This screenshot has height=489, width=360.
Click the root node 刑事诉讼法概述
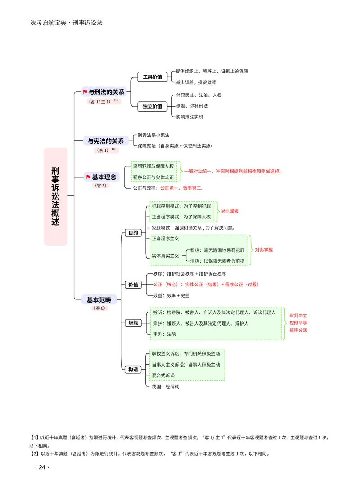pos(55,196)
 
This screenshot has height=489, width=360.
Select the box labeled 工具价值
pos(153,77)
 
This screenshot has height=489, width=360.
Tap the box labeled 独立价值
pos(153,106)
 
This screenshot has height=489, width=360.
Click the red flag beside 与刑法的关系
pos(85,92)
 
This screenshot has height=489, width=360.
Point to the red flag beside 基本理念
pos(88,177)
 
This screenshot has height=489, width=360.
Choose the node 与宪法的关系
pos(106,141)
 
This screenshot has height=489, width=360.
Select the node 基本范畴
pos(99,300)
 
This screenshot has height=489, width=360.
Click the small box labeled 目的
pos(133,233)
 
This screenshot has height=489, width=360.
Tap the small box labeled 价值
pos(133,285)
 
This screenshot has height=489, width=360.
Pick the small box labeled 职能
pos(133,323)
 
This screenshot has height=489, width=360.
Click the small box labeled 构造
pos(133,370)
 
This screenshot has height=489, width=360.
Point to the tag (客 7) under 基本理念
pos(100,186)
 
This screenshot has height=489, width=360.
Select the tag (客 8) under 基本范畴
pos(99,308)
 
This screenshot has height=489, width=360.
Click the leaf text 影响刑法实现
pos(189,117)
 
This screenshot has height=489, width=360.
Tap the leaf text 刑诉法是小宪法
pos(153,135)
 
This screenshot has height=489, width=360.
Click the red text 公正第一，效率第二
pos(182,188)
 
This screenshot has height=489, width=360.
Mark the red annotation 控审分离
pos(298,330)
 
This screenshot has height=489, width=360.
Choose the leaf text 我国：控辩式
pos(165,386)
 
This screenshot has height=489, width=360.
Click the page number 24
pos(42,467)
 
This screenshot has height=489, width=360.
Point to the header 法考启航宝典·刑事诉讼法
pos(67,23)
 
